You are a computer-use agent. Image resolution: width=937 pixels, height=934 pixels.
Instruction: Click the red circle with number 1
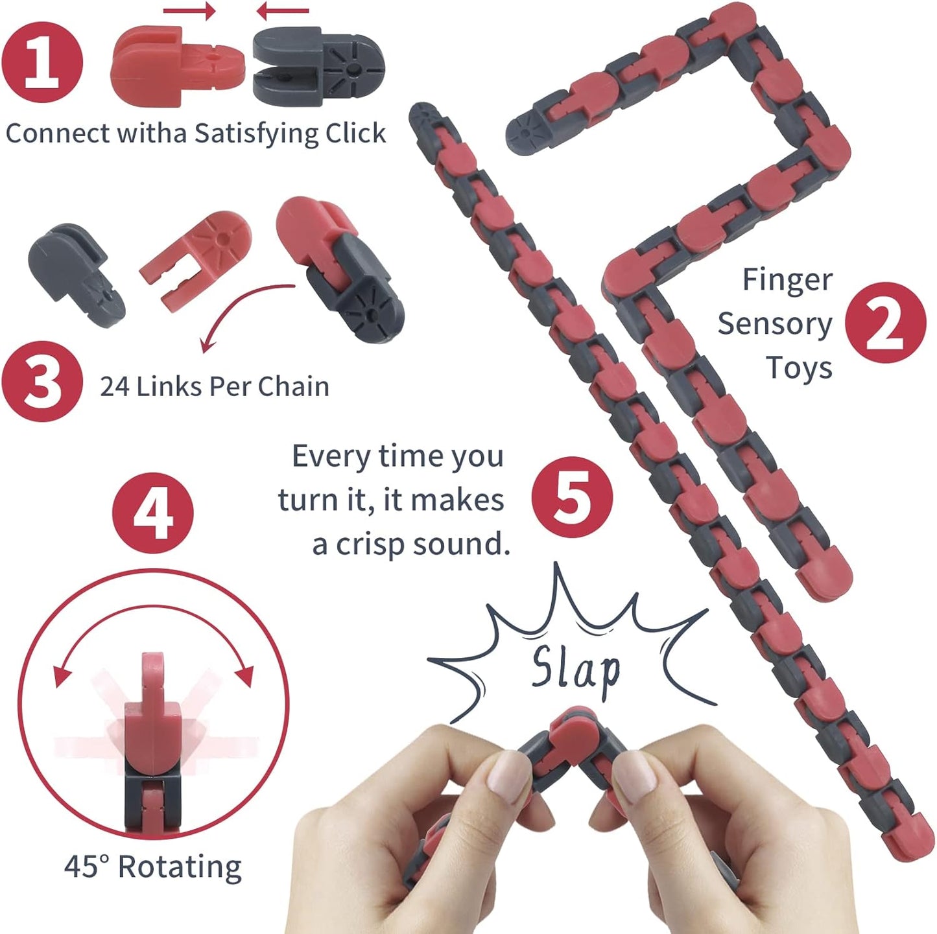(42, 62)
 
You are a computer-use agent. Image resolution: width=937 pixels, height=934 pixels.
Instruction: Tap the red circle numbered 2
(885, 323)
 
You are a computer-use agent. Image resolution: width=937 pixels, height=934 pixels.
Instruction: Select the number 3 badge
(42, 382)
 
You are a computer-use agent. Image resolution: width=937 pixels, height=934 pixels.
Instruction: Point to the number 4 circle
(152, 513)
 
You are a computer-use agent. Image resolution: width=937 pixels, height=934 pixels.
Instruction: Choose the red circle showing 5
(572, 496)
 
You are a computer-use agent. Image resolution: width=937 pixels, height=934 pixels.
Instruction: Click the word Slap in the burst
(575, 669)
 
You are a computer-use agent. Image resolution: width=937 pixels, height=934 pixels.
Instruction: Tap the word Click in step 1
(355, 133)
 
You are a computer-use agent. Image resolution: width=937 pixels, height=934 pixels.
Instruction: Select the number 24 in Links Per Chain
(114, 387)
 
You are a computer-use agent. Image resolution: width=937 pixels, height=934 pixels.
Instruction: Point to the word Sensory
(774, 324)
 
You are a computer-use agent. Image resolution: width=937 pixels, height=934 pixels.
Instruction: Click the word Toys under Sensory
(799, 368)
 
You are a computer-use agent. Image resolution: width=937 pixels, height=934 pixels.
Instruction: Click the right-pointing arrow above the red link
(189, 10)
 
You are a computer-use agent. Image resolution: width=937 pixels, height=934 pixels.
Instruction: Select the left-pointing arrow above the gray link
(283, 10)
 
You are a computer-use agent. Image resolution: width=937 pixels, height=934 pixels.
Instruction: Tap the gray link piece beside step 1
(318, 67)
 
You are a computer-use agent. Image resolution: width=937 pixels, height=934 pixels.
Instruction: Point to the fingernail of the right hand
(632, 778)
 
